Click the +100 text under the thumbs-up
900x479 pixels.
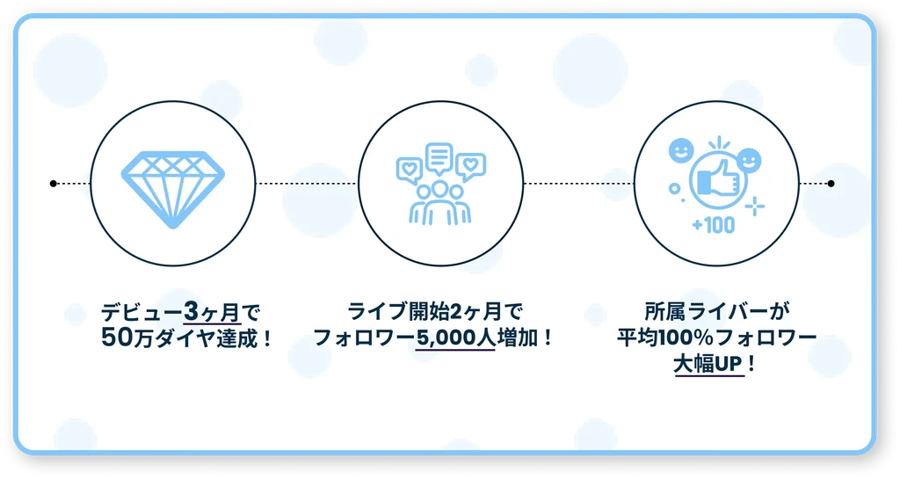coord(713,226)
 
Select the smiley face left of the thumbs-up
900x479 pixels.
coord(681,150)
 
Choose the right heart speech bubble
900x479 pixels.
coord(471,165)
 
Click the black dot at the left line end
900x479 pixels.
coord(54,184)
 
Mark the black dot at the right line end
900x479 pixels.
coord(831,184)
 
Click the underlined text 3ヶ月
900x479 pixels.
coord(212,312)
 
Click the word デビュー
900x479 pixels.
coord(142,312)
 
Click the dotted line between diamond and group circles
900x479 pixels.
coord(308,184)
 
